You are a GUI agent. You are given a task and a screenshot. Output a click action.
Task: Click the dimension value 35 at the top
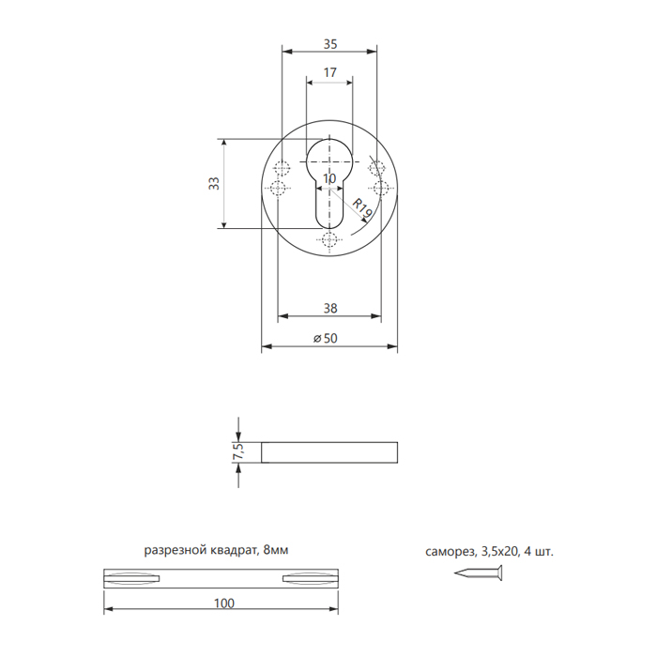click(x=330, y=44)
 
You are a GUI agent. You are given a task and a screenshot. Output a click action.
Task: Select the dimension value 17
click(x=329, y=72)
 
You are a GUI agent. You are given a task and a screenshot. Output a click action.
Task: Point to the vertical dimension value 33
click(x=214, y=184)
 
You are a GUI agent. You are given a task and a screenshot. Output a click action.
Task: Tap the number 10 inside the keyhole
click(x=329, y=179)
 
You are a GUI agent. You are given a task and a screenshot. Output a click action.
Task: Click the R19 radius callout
click(x=361, y=207)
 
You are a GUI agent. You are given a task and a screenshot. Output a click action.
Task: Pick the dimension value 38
click(x=330, y=309)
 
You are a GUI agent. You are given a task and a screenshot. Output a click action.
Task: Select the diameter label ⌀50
click(x=326, y=338)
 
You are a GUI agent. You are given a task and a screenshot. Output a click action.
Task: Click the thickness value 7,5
click(x=237, y=452)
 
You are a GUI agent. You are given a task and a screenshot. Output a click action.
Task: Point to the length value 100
click(x=224, y=604)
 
